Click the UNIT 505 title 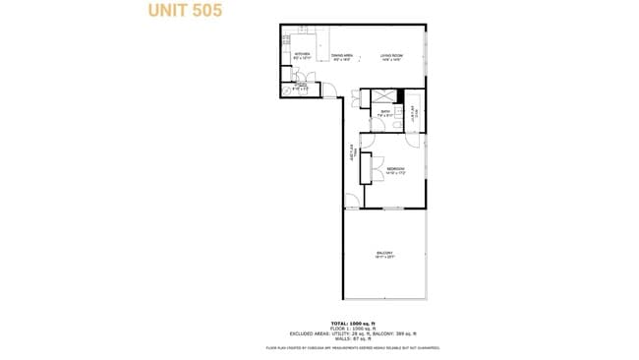[185, 11]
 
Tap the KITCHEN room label [302, 56]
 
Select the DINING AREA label [341, 57]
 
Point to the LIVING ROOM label [390, 57]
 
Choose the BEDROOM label [395, 171]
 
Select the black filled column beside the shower [400, 96]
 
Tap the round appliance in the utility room [288, 90]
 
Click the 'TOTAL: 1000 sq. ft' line [351, 324]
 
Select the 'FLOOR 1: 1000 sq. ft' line [351, 329]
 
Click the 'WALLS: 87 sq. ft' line [351, 338]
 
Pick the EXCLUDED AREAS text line [351, 333]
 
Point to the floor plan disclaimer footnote [351, 348]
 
